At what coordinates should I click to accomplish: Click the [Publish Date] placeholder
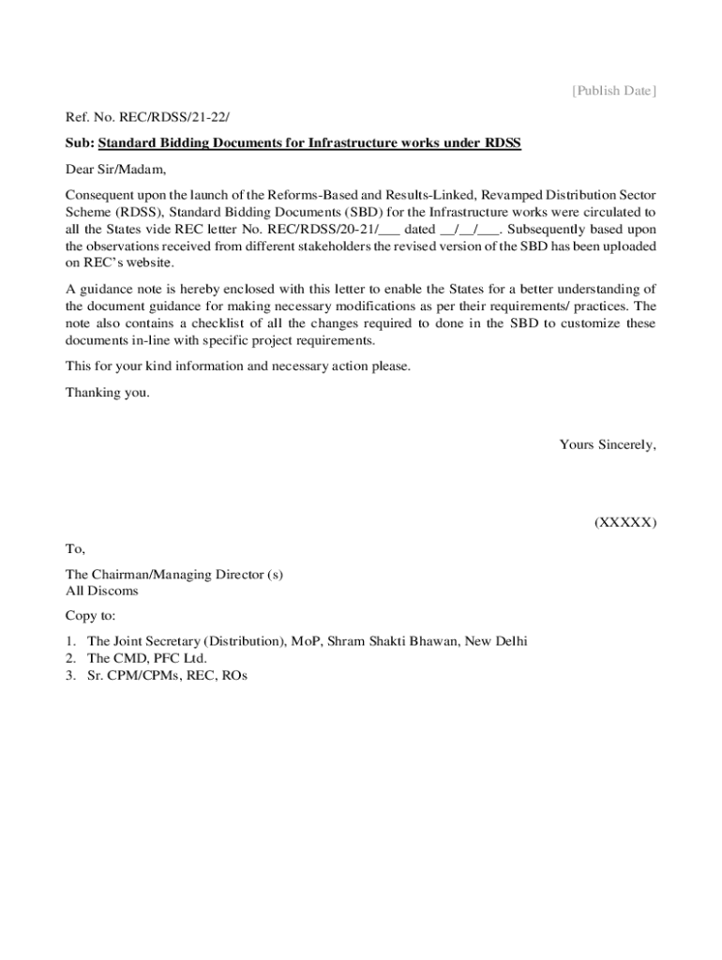614,91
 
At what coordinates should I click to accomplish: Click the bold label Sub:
79,143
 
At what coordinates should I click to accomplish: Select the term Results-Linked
425,195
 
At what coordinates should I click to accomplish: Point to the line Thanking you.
107,393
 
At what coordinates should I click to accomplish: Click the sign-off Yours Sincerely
608,445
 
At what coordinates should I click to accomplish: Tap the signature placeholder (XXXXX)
624,522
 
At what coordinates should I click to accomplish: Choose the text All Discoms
101,591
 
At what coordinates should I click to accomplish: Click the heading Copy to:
91,616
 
